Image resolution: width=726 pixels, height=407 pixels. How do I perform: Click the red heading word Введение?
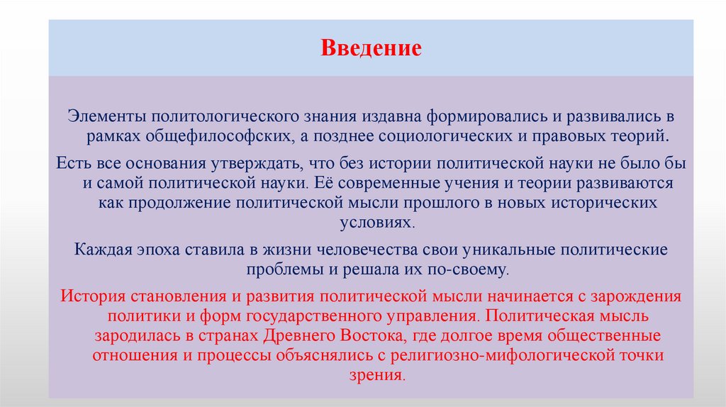[371, 49]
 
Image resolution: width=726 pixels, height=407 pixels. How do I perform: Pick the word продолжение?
[172, 202]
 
